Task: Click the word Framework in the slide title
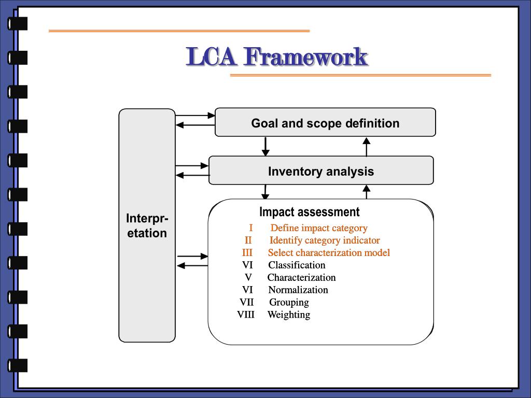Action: click(x=306, y=56)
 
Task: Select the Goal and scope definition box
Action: click(x=325, y=123)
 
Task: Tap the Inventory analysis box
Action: click(x=320, y=171)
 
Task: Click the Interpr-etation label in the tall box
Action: click(x=147, y=225)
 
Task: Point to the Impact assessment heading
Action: click(x=309, y=212)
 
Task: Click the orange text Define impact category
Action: click(x=319, y=228)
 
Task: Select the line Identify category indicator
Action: click(x=325, y=240)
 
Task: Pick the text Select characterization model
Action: click(x=329, y=253)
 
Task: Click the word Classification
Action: click(x=297, y=265)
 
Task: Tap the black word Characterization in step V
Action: click(x=301, y=278)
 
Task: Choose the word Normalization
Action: click(x=298, y=290)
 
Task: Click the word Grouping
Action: click(x=289, y=303)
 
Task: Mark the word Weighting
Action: click(x=289, y=315)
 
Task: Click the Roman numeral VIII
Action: click(x=246, y=315)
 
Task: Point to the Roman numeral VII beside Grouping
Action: click(x=246, y=303)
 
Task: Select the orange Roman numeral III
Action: click(x=247, y=253)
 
